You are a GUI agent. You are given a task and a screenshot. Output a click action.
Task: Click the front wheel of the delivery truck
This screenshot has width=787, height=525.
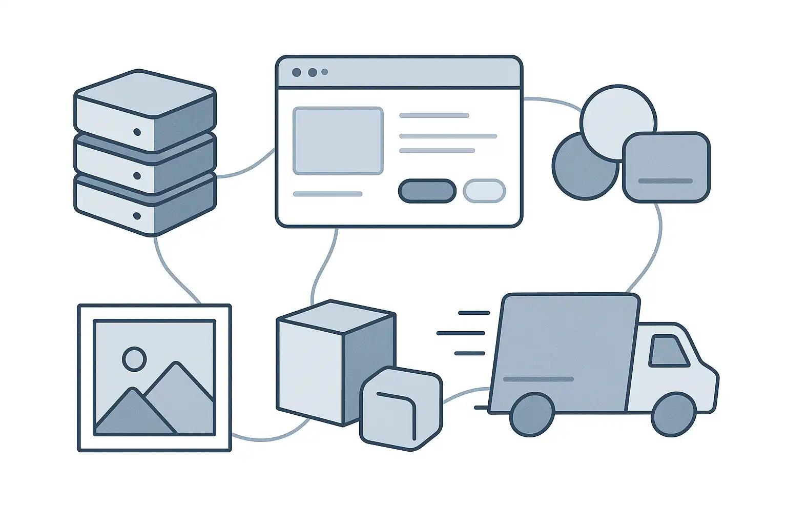pos(672,415)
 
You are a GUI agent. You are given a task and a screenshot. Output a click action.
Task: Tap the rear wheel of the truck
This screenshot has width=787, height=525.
pos(531,414)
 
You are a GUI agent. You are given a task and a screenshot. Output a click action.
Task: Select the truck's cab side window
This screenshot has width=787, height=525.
pos(668,351)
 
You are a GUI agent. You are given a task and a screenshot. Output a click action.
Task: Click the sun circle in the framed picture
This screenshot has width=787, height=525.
pos(134,358)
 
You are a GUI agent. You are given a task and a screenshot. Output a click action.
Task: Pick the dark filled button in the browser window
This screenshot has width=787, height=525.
pos(427,191)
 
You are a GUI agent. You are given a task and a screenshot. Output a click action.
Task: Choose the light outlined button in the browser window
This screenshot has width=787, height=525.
pos(484,191)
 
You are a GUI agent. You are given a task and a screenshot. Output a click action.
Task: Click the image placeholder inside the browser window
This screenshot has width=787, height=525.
pos(338,140)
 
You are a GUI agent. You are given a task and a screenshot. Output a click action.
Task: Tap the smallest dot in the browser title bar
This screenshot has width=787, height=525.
pos(324,72)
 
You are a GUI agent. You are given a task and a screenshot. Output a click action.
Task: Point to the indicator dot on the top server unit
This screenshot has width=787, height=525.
pos(137,132)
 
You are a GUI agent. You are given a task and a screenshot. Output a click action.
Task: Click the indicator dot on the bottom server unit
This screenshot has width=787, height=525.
pos(137,216)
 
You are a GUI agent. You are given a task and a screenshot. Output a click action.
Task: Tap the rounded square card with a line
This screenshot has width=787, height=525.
pos(666,167)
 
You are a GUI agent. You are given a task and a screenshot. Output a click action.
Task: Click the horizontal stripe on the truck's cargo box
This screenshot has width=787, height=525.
pos(539,379)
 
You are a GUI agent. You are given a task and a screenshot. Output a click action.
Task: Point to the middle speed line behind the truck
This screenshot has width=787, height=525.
pos(461,333)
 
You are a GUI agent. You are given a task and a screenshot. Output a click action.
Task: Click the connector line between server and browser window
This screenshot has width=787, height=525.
pos(246,169)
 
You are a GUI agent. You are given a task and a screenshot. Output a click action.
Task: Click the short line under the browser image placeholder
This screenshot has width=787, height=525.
pos(327,194)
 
